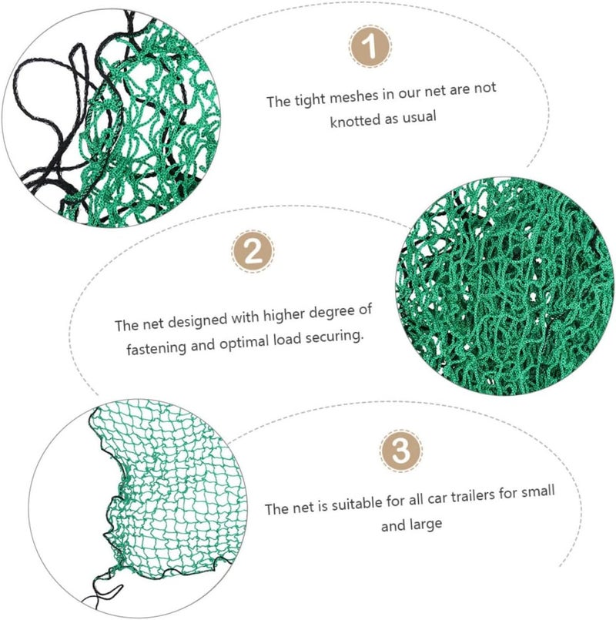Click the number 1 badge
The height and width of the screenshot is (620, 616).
pyautogui.click(x=370, y=46)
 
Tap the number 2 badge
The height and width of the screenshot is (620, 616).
pyautogui.click(x=253, y=251)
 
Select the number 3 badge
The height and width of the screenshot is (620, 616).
pyautogui.click(x=401, y=451)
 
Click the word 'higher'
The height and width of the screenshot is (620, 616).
pyautogui.click(x=284, y=315)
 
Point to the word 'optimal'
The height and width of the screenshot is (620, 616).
pyautogui.click(x=244, y=343)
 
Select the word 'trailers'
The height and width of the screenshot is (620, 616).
pyautogui.click(x=473, y=497)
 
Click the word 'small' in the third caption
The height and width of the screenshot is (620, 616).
pyautogui.click(x=538, y=493)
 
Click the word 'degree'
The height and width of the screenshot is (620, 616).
pyautogui.click(x=332, y=313)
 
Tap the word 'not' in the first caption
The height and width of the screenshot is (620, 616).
pyautogui.click(x=485, y=88)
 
